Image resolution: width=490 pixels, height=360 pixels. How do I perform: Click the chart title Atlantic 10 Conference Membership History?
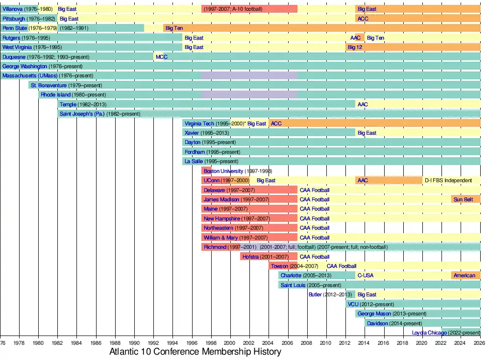[x=195, y=352]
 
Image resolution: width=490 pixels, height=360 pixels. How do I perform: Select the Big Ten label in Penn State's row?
[x=174, y=28]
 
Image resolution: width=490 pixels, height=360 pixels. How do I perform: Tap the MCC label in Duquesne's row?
[x=161, y=57]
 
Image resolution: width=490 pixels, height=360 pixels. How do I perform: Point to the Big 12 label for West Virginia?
[x=355, y=47]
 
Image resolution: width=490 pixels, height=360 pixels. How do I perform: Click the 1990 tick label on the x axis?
[x=134, y=342]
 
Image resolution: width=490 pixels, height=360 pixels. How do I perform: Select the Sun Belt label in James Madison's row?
[x=463, y=199]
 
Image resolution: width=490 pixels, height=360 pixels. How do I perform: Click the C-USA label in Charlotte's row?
[x=365, y=275]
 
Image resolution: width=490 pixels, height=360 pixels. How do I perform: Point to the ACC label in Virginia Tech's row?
[x=276, y=123]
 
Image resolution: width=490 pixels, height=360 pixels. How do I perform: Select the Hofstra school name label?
[x=250, y=257]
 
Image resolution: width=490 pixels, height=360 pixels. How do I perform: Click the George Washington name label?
[x=25, y=66]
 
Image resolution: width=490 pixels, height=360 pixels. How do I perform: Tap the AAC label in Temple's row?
[x=363, y=104]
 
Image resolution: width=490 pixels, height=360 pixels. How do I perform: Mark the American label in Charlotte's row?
[x=464, y=275]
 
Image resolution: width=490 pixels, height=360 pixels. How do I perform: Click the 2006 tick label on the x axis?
[x=288, y=342]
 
